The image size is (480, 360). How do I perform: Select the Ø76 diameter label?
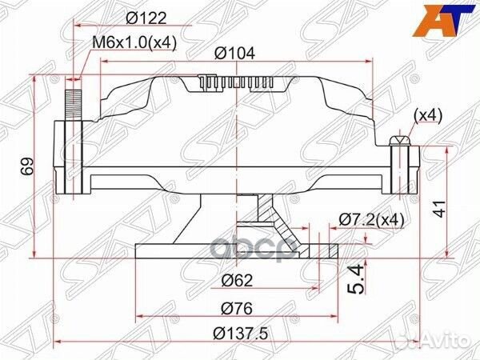coord(238,308)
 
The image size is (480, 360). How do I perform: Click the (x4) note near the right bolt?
coord(427,116)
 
